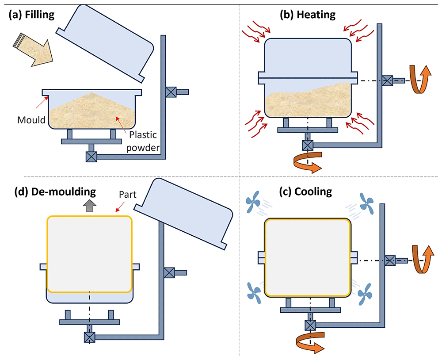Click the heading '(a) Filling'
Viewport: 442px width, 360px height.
31,15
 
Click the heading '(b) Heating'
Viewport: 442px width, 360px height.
308,15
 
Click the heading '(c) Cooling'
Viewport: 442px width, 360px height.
305,192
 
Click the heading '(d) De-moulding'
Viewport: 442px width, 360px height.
55,192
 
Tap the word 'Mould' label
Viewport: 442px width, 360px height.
31,120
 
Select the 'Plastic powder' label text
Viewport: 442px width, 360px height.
143,141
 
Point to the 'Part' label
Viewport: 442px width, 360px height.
127,195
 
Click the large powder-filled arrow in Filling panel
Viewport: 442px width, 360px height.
33,50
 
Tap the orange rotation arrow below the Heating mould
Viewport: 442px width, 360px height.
308,162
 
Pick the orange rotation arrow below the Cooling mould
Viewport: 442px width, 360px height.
310,342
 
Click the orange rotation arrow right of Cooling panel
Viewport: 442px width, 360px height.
421,260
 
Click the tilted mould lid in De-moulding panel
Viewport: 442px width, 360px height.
183,214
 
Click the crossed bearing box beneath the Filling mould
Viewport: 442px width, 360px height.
91,157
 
